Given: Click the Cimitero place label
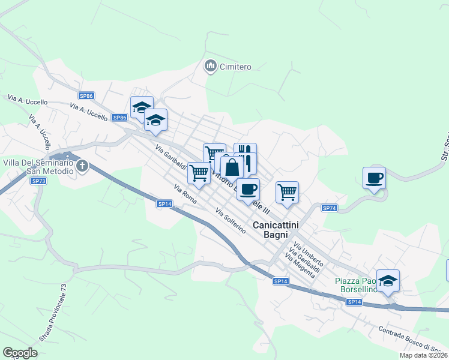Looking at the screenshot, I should (235, 67).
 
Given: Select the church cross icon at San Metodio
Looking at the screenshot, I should (82, 165).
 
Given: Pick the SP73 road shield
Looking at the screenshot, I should (39, 181).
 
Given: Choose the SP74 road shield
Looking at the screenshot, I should (329, 208).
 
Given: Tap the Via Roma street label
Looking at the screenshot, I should (185, 194).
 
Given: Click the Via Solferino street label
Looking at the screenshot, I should (230, 221).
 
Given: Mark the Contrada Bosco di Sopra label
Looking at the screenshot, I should (414, 340).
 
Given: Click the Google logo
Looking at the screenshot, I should (20, 353).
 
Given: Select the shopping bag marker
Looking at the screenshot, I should (232, 167).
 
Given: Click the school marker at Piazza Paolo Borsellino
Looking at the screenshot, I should (388, 281).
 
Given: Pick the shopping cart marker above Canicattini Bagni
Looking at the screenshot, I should (287, 193).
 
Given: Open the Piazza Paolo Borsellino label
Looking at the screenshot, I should (357, 285).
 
